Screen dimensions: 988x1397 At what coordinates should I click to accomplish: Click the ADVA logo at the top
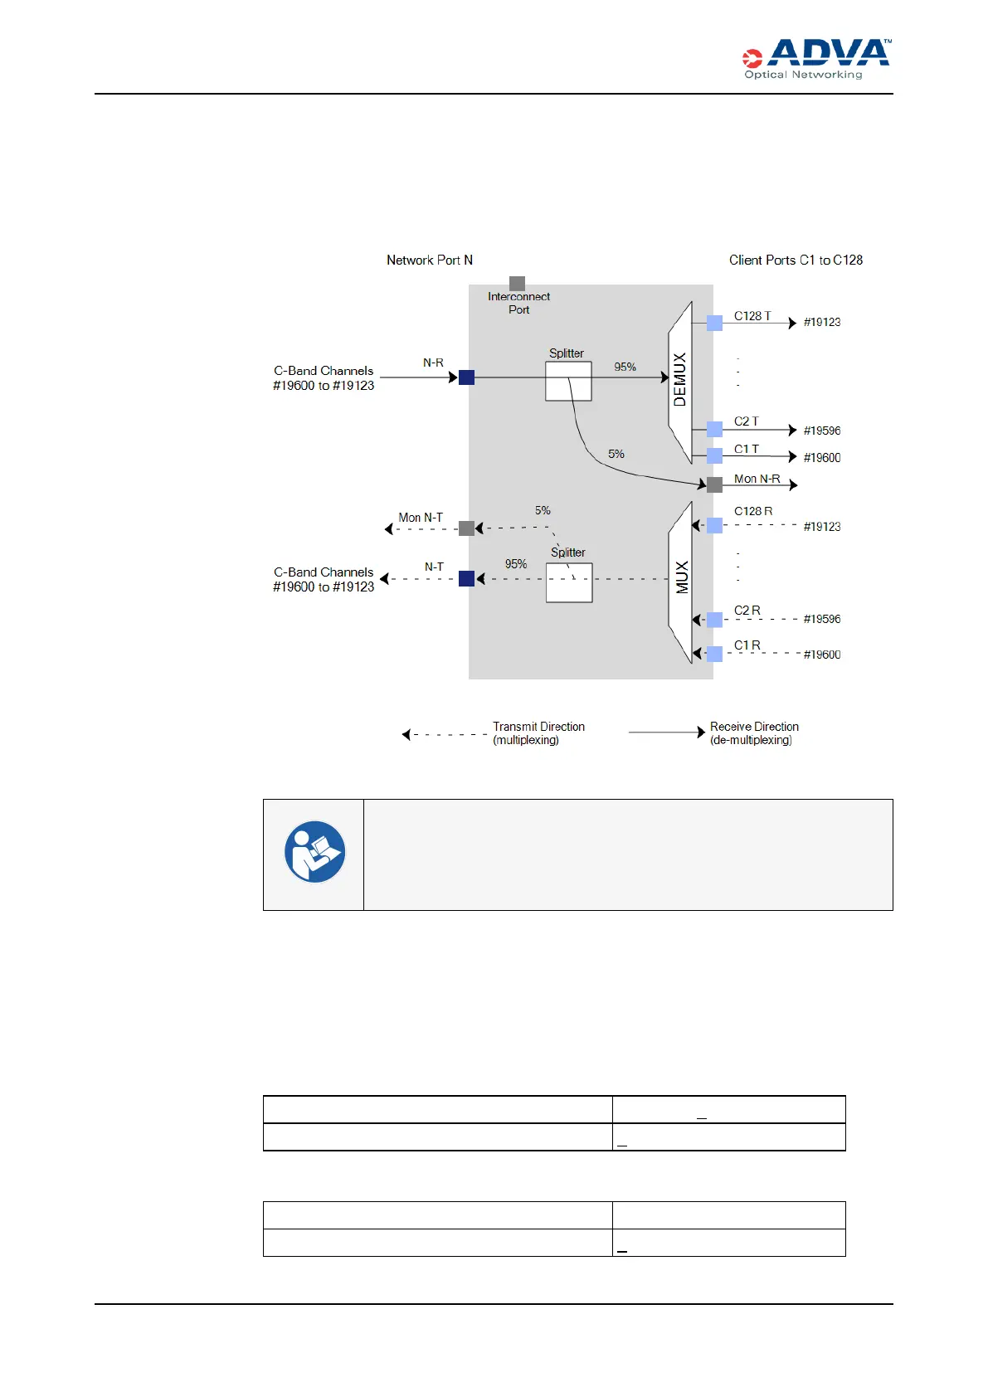tap(816, 58)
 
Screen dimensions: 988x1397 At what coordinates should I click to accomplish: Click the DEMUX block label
tap(680, 380)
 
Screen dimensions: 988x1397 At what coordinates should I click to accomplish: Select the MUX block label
tap(682, 577)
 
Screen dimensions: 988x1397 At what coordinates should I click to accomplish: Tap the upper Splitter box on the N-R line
tap(568, 382)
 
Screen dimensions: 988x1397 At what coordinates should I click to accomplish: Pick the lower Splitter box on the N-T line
tap(569, 582)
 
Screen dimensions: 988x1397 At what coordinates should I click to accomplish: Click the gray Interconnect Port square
tap(517, 284)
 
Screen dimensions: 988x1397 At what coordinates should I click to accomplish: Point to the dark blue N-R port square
tap(467, 377)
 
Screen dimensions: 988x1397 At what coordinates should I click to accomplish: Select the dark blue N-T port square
tap(467, 578)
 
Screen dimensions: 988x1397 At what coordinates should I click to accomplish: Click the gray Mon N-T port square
tap(467, 528)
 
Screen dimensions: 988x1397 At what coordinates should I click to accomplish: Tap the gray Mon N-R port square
tap(714, 484)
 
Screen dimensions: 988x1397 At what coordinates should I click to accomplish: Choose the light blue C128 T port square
tap(714, 323)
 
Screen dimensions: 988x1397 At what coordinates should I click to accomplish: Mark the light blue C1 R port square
tap(714, 654)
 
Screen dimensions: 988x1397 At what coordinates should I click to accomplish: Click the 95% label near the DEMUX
tap(625, 367)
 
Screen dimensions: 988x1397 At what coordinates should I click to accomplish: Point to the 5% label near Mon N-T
tap(543, 510)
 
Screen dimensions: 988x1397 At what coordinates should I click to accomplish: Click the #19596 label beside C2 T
tap(821, 431)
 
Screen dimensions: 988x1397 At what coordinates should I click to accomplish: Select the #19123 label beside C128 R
tap(821, 526)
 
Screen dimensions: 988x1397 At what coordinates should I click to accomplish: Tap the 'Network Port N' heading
tap(430, 260)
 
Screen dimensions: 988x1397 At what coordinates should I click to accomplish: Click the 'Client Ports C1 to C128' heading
tap(796, 260)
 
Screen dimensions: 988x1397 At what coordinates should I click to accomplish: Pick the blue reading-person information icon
tap(314, 852)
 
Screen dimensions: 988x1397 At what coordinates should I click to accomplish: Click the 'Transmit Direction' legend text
tap(538, 727)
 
